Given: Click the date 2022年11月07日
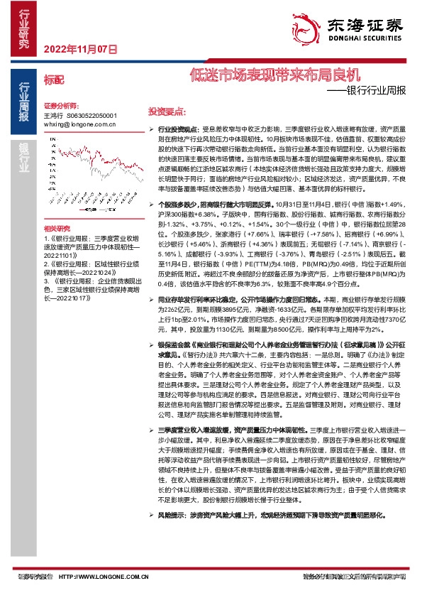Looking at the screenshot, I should pyautogui.click(x=79, y=49).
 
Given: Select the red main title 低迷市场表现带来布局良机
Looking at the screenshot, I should pyautogui.click(x=276, y=74).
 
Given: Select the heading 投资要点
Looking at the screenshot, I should pyautogui.click(x=166, y=112).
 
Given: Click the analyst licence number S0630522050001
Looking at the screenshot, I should pyautogui.click(x=91, y=115).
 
